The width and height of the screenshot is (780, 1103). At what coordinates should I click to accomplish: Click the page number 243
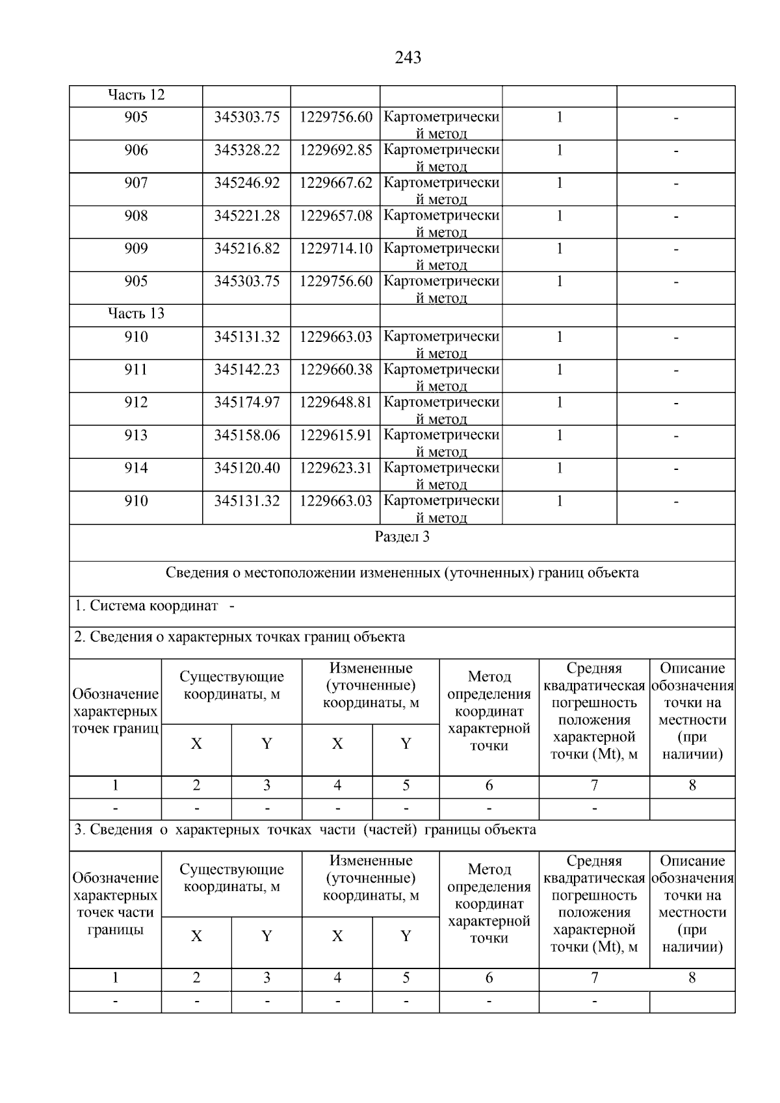408,58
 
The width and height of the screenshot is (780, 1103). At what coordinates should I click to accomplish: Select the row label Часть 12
136,95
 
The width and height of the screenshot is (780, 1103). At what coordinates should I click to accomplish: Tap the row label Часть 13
136,313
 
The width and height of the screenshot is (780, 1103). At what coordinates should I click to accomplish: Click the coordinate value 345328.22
247,150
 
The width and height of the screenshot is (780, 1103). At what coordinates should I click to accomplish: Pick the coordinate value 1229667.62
335,183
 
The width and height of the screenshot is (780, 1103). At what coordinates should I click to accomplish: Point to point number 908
136,216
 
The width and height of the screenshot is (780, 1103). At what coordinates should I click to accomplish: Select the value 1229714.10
335,248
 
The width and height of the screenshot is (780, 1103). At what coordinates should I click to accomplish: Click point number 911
136,369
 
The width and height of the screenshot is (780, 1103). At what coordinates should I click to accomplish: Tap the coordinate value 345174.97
247,402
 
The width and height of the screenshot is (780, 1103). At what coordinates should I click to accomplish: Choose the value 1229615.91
335,435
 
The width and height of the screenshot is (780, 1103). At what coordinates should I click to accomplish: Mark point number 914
136,468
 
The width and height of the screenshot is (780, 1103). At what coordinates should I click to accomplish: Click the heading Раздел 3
402,537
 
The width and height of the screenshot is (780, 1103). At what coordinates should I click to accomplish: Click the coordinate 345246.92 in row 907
247,183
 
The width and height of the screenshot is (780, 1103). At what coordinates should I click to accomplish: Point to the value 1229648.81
335,402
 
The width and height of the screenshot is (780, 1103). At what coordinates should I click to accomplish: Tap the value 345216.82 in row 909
247,248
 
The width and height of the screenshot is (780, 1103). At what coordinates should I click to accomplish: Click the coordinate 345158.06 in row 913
247,435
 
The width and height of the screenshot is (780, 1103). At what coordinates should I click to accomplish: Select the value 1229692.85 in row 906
335,150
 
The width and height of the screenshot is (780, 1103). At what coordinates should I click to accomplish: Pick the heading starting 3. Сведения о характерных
305,830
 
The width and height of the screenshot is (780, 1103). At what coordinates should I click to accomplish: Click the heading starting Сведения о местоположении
402,573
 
